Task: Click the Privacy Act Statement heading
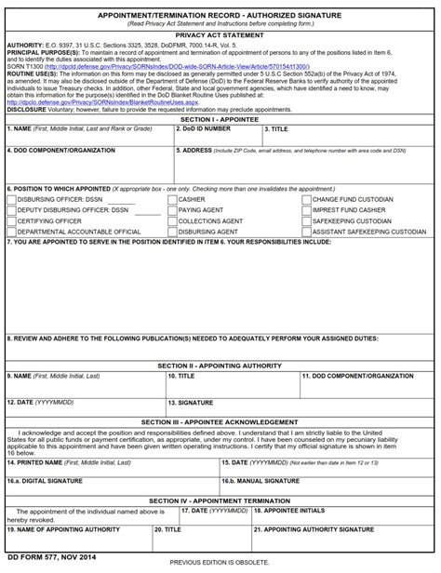coord(220,34)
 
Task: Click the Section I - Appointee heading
coord(220,146)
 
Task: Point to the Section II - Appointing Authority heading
coord(220,366)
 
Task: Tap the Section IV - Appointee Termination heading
coord(220,500)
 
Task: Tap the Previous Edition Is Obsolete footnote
coord(220,564)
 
